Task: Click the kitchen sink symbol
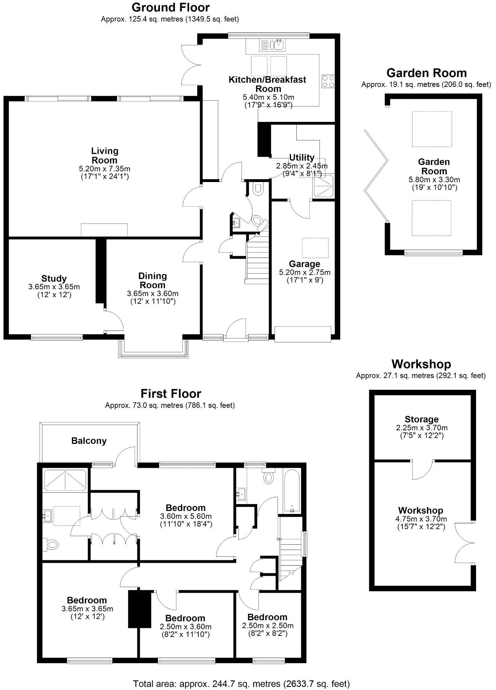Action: [273, 45]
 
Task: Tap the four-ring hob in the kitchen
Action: [328, 81]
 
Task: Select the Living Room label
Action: [104, 156]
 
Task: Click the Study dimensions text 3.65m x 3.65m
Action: [54, 287]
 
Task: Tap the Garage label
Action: [304, 264]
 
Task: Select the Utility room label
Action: [302, 157]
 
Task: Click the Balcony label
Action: [89, 441]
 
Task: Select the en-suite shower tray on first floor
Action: [65, 481]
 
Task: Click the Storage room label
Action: [422, 419]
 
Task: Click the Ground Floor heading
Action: [171, 7]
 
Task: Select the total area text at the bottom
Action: [241, 684]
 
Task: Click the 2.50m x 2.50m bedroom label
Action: [267, 617]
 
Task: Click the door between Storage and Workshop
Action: [423, 469]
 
